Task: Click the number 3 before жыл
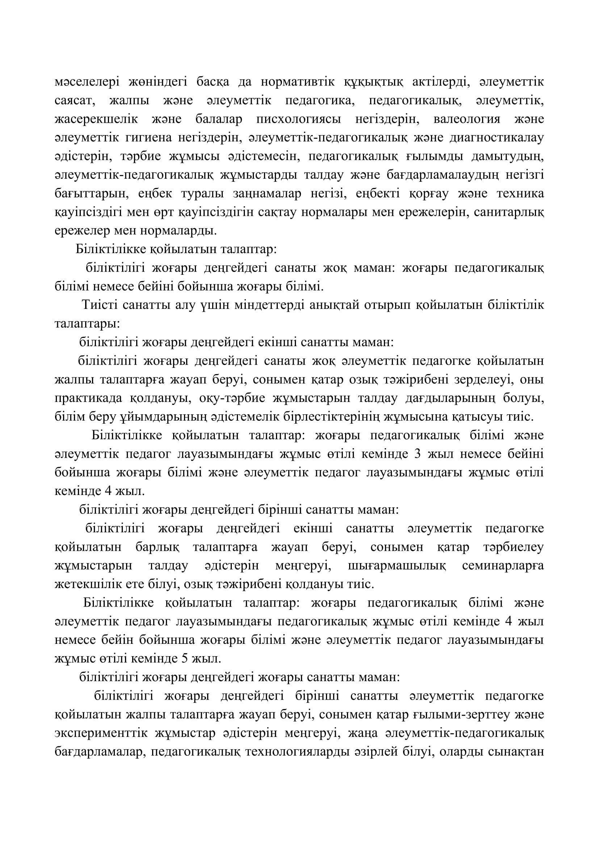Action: (x=418, y=454)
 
